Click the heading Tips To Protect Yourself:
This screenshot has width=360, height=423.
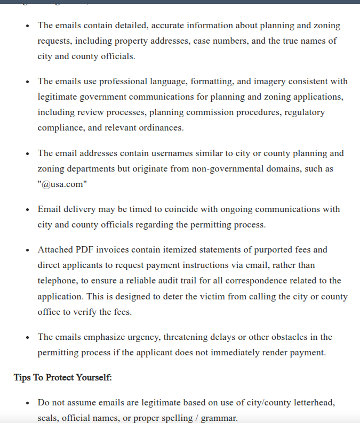click(62, 378)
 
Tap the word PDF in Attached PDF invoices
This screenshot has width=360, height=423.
click(83, 249)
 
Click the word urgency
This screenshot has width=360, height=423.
click(141, 337)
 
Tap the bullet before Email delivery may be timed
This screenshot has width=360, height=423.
click(27, 209)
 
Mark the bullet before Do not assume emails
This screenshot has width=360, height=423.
click(27, 403)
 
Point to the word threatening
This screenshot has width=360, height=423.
click(187, 337)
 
